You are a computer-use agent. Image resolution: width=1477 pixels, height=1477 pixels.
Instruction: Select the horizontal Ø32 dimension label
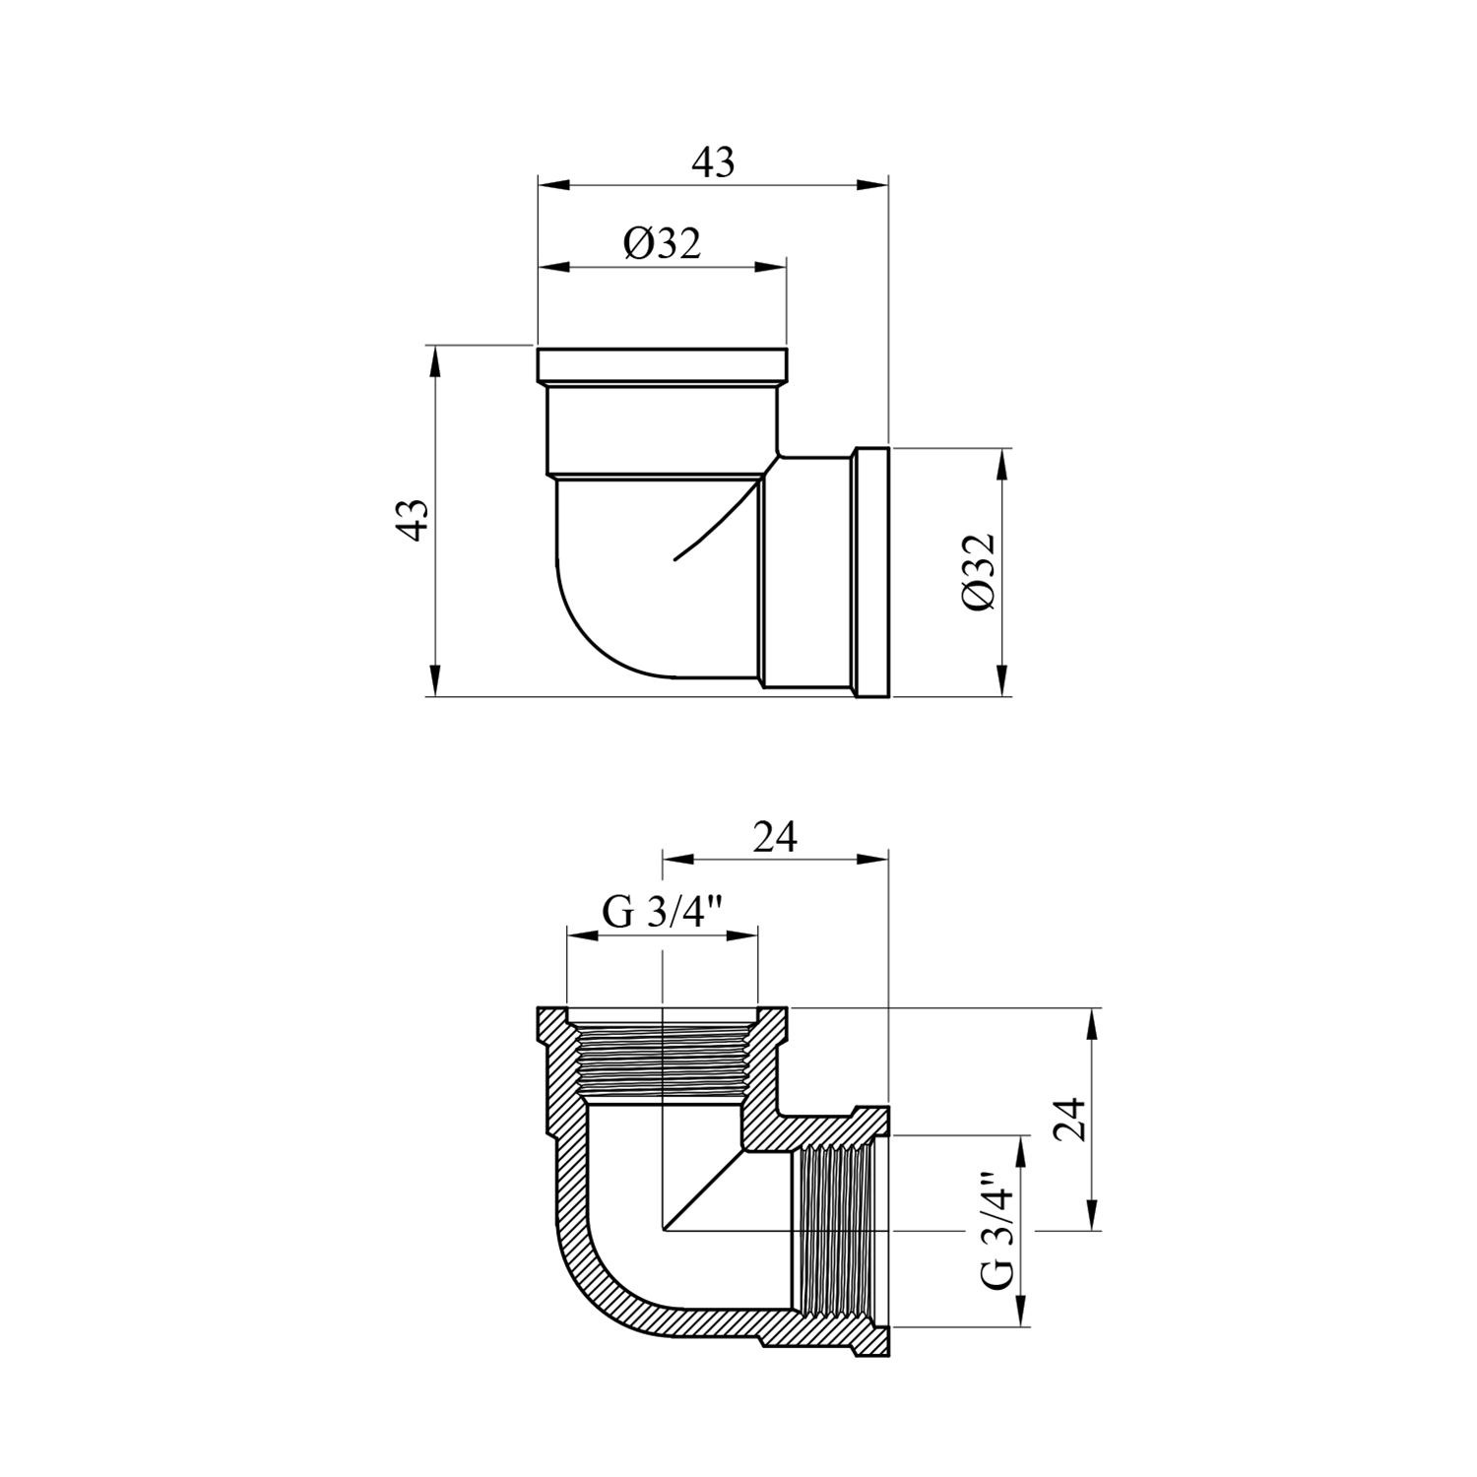pos(662,242)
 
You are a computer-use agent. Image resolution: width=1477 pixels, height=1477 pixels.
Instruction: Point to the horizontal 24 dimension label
pos(775,837)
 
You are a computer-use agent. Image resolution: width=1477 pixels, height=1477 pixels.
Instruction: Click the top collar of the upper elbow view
pos(663,365)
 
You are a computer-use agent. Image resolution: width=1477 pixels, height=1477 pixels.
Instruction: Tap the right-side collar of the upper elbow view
pos(872,573)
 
